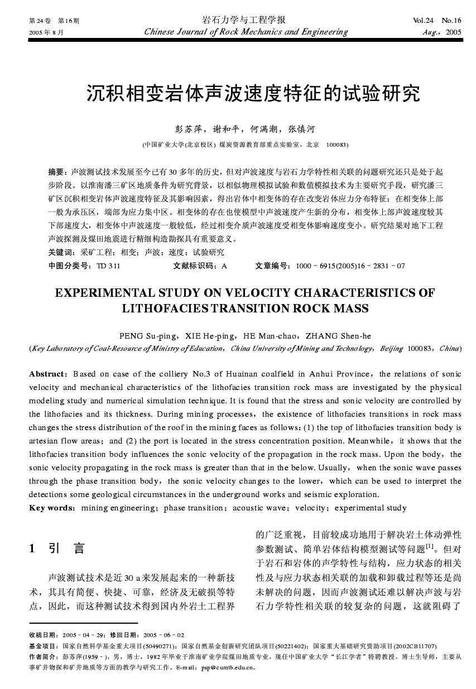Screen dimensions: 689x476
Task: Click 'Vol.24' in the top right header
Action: click(422, 21)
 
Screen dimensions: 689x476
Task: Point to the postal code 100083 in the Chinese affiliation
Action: click(336, 144)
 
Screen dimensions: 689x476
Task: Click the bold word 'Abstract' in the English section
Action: click(47, 374)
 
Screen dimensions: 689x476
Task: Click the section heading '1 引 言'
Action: click(57, 549)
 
